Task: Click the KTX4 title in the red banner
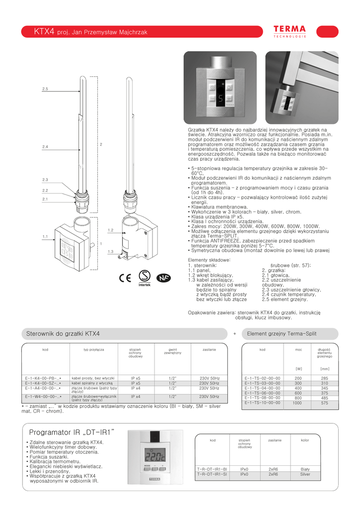point(44,32)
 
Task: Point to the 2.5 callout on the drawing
point(45,89)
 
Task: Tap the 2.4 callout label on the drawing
point(45,147)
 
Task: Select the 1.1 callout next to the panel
point(45,237)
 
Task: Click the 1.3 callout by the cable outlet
point(110,252)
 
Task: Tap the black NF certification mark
point(163,277)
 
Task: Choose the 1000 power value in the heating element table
point(297,403)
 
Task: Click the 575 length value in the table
point(324,403)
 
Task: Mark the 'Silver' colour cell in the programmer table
point(305,474)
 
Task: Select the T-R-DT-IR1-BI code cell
point(212,469)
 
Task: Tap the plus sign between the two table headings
point(234,334)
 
